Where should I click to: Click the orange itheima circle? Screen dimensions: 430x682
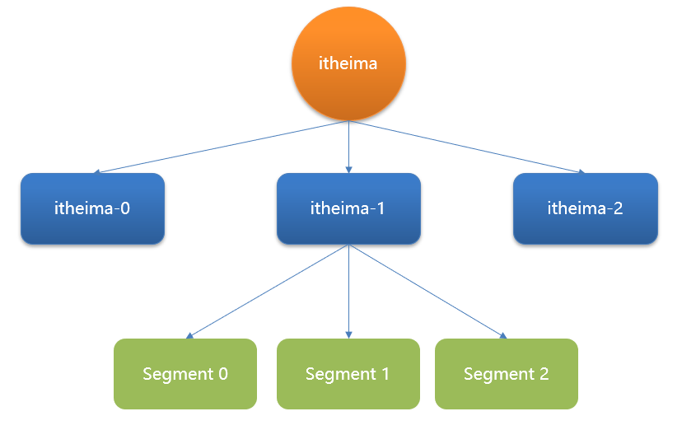click(x=348, y=63)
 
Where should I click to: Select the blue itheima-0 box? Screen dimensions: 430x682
click(x=92, y=208)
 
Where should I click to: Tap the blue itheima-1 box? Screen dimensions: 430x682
click(x=348, y=208)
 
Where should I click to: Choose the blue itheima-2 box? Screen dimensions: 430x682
click(x=585, y=208)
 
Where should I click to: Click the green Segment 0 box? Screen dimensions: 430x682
click(x=185, y=374)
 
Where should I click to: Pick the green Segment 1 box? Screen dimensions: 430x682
click(x=348, y=374)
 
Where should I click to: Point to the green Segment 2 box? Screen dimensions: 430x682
click(x=506, y=374)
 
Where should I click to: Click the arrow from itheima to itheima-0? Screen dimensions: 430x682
click(x=222, y=147)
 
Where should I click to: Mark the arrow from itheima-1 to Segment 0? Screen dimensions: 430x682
click(x=268, y=292)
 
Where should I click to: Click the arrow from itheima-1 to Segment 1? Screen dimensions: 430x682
click(x=348, y=292)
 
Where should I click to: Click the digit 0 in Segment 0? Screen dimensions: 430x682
click(x=222, y=374)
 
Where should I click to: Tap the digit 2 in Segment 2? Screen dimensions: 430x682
click(x=544, y=374)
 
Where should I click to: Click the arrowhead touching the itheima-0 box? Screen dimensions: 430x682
click(x=97, y=172)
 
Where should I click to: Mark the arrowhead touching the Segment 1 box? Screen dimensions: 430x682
click(x=348, y=334)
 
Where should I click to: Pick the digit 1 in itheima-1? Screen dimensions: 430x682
click(x=381, y=208)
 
